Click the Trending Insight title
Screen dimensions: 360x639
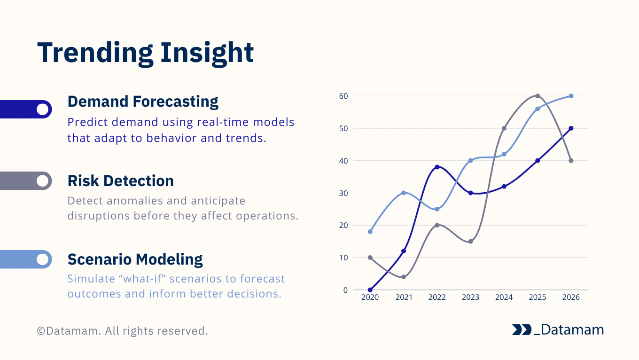point(145,53)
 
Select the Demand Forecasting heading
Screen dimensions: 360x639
point(143,102)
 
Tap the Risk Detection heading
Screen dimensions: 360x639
point(120,181)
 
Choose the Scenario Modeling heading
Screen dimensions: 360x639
point(135,259)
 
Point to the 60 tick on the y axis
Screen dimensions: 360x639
point(343,96)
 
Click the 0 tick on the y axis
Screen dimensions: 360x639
point(345,290)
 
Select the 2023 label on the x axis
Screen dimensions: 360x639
point(470,297)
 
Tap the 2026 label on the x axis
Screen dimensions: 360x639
point(571,297)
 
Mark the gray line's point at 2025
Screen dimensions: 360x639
point(538,96)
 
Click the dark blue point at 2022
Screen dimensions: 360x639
point(437,167)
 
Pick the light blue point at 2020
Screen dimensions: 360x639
point(370,232)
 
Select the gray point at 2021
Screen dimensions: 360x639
point(404,277)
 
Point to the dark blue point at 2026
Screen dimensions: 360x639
point(571,128)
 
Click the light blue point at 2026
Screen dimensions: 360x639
point(571,96)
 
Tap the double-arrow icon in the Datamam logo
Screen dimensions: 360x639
point(521,330)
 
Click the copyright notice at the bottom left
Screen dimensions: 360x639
point(122,331)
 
